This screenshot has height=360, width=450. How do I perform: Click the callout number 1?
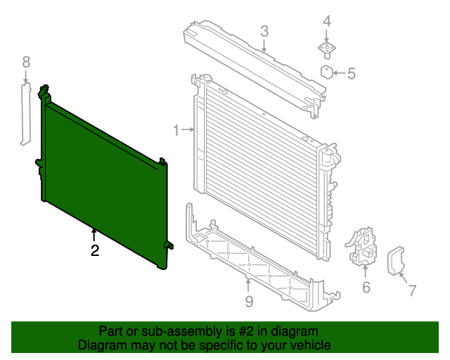[176, 129]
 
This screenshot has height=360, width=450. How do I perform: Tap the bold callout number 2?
[94, 249]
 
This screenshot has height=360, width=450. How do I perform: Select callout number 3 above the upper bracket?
[264, 31]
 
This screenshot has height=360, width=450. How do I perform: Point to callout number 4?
[327, 21]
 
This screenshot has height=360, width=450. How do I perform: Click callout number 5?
[352, 72]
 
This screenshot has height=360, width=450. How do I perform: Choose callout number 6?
[366, 286]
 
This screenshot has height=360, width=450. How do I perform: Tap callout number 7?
[412, 289]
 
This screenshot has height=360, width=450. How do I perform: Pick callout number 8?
[26, 62]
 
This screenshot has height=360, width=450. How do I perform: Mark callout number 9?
[248, 303]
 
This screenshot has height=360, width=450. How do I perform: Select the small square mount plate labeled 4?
[327, 49]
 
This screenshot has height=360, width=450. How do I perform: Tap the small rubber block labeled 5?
[328, 72]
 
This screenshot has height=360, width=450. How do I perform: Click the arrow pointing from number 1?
[188, 129]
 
